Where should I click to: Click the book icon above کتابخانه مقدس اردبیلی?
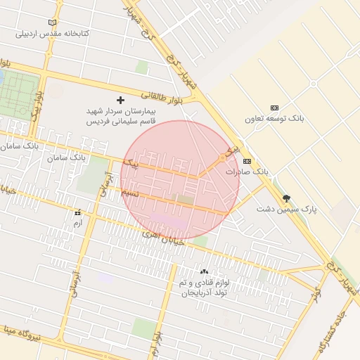[x=52, y=22]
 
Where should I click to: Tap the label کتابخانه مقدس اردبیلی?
[x=52, y=33]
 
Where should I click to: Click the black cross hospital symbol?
[x=120, y=101]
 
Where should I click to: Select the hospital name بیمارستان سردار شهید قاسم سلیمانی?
[x=120, y=116]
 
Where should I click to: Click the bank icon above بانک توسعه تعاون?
[x=274, y=108]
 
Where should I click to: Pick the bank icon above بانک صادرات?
[x=247, y=161]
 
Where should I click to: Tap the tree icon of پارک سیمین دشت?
[x=286, y=198]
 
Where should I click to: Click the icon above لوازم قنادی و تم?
[x=204, y=271]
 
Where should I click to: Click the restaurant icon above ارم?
[x=77, y=212]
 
